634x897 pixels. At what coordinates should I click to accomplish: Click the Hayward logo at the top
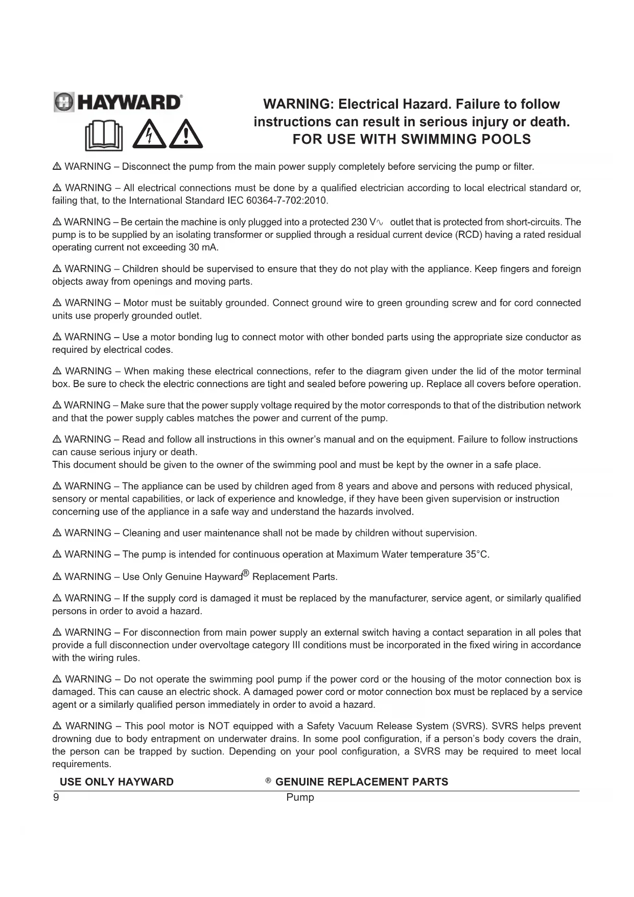pos(118,102)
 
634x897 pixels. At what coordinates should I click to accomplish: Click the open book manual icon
pos(104,136)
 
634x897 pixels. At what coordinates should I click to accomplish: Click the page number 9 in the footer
pos(56,797)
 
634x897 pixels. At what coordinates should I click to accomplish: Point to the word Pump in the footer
pos(300,797)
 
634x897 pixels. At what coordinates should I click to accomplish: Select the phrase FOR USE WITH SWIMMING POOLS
pos(411,139)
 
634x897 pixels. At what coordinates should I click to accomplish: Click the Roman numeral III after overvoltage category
pos(295,645)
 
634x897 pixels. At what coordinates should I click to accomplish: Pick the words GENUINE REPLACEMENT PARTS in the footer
pos(361,782)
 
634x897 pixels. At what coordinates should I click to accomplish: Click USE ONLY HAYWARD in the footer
pos(116,782)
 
